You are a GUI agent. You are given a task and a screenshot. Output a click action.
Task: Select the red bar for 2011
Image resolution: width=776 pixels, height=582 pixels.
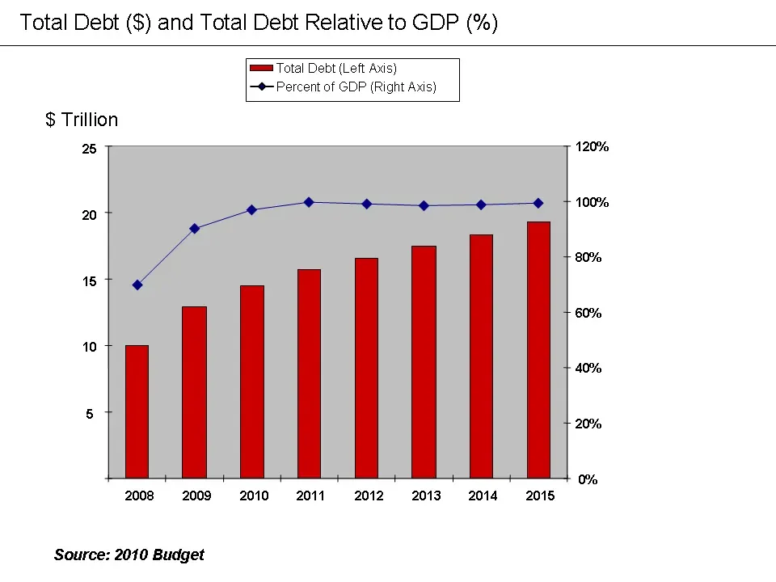309,373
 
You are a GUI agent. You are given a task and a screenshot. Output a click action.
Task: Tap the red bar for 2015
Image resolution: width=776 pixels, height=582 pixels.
538,349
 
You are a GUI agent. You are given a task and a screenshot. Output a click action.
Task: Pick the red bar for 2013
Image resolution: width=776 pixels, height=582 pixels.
424,361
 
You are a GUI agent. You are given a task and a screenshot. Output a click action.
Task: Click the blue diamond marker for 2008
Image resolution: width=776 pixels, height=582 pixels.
137,285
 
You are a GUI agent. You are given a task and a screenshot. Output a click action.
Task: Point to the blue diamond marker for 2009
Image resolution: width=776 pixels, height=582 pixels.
194,228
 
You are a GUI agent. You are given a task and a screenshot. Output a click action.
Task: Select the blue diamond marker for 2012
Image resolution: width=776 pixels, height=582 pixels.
366,204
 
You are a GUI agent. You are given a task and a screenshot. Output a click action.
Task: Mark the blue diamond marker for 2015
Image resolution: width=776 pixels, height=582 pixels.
538,203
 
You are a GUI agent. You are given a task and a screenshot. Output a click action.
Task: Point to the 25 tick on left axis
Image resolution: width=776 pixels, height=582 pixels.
89,149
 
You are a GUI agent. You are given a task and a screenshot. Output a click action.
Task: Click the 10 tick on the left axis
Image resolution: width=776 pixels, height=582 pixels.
89,347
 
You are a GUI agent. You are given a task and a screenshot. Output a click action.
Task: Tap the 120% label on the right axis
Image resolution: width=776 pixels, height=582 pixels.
593,147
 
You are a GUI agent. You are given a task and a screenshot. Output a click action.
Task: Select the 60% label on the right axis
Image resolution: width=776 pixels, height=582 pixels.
589,313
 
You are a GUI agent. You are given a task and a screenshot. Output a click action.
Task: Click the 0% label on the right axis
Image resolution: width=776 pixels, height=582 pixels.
588,479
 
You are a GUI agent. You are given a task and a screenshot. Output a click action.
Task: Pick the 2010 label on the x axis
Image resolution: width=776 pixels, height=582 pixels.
254,496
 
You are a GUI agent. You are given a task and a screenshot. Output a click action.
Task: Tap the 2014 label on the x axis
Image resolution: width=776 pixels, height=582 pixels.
483,496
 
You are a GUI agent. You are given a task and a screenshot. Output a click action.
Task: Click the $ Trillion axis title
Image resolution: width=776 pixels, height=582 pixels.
82,120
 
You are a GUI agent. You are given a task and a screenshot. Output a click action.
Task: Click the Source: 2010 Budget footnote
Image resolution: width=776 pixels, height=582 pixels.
129,555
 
